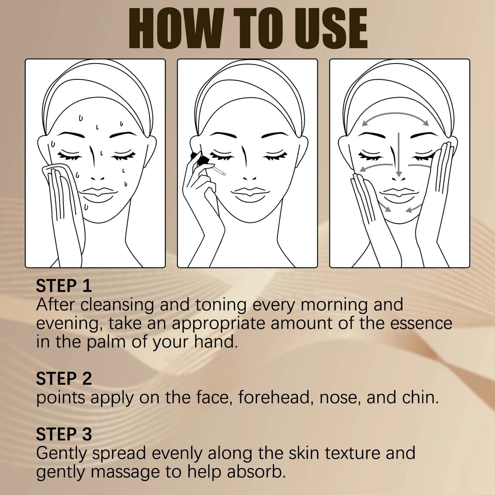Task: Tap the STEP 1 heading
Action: pyautogui.click(x=64, y=286)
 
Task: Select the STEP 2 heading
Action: pyautogui.click(x=64, y=379)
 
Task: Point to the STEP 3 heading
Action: pyautogui.click(x=64, y=434)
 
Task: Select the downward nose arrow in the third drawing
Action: pyautogui.click(x=398, y=154)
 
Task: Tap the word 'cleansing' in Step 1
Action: pyautogui.click(x=117, y=305)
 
